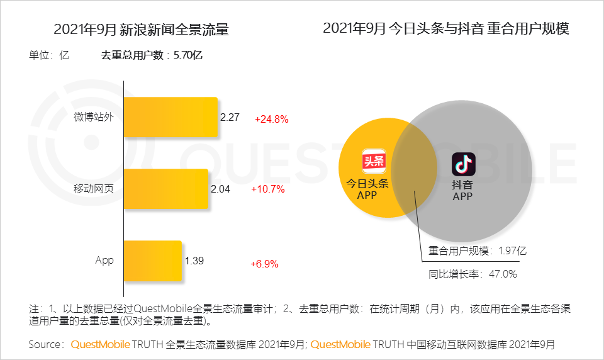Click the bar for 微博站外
171,117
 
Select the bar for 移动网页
166,189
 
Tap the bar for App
153,261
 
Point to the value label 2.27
230,117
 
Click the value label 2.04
221,189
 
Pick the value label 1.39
194,261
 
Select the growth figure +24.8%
271,119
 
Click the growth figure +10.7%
267,189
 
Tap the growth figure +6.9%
264,264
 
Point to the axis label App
104,261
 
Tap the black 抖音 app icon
463,164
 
